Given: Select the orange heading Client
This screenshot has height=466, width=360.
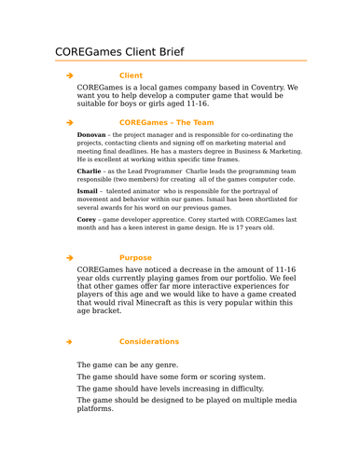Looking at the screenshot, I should coord(131,75).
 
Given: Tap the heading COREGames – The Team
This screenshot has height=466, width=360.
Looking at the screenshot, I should coord(166,122).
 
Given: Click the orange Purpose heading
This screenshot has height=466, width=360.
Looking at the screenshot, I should coord(135,257).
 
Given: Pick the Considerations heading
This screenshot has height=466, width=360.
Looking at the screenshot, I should coord(149,341).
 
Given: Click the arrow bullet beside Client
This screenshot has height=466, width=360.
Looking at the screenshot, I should coord(69,75).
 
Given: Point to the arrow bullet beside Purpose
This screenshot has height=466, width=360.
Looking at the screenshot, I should coord(69,257).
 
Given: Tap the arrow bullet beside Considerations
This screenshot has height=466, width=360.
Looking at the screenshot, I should coord(69,341).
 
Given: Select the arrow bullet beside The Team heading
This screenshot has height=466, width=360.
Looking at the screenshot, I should coord(69,122).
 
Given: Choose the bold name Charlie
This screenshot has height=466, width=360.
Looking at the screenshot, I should coord(90,171).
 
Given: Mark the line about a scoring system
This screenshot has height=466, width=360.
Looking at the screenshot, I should coord(171,377).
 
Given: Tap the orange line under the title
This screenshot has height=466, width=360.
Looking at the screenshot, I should coord(180,62).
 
